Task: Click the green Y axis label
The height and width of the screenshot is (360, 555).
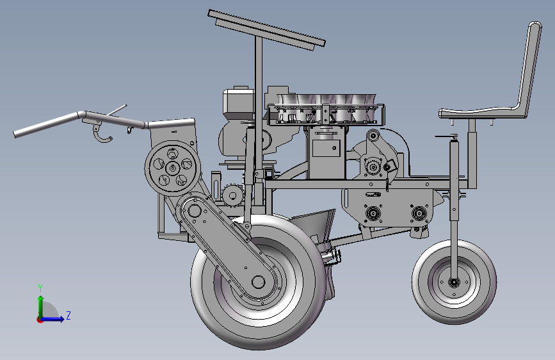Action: pos(40,288)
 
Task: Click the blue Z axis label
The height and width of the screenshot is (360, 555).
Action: pos(68,315)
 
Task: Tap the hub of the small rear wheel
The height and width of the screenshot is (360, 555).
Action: pos(454,282)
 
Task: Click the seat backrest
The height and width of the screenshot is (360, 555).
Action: pos(529,67)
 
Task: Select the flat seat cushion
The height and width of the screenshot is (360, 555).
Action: pos(481,113)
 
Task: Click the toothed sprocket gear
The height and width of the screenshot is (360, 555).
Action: pos(232,195)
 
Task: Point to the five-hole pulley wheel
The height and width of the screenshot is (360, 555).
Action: pos(173,168)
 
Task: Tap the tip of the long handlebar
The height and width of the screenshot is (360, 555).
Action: pos(15,134)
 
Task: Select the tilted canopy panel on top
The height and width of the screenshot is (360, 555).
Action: pos(266,29)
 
